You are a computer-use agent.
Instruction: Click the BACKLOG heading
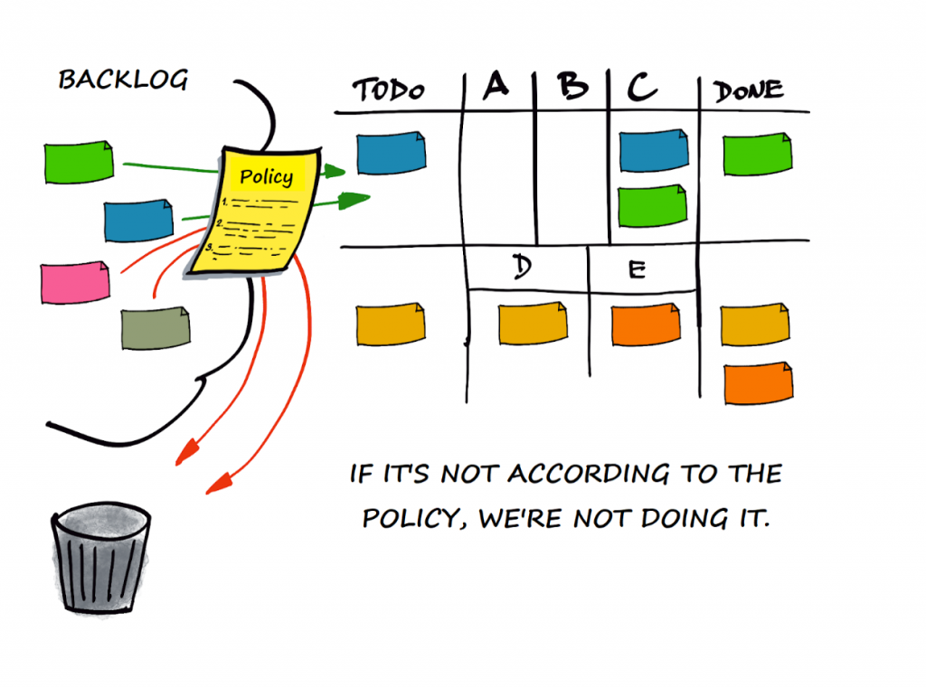[123, 80]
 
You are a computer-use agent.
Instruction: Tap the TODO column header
[388, 90]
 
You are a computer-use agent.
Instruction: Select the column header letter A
[496, 86]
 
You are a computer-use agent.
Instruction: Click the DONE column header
[748, 90]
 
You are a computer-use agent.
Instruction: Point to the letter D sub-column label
[521, 269]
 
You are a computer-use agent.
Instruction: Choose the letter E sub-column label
[637, 269]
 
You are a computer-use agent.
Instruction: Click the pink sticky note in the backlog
[75, 282]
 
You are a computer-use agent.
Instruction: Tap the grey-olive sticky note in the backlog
[156, 327]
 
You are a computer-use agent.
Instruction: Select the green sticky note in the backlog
[79, 162]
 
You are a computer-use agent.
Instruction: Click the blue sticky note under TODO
[391, 153]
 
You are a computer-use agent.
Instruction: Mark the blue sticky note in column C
[653, 150]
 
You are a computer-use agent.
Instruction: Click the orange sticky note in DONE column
[759, 382]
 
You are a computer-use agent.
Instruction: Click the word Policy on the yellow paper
[266, 176]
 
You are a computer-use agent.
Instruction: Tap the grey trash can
[100, 561]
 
